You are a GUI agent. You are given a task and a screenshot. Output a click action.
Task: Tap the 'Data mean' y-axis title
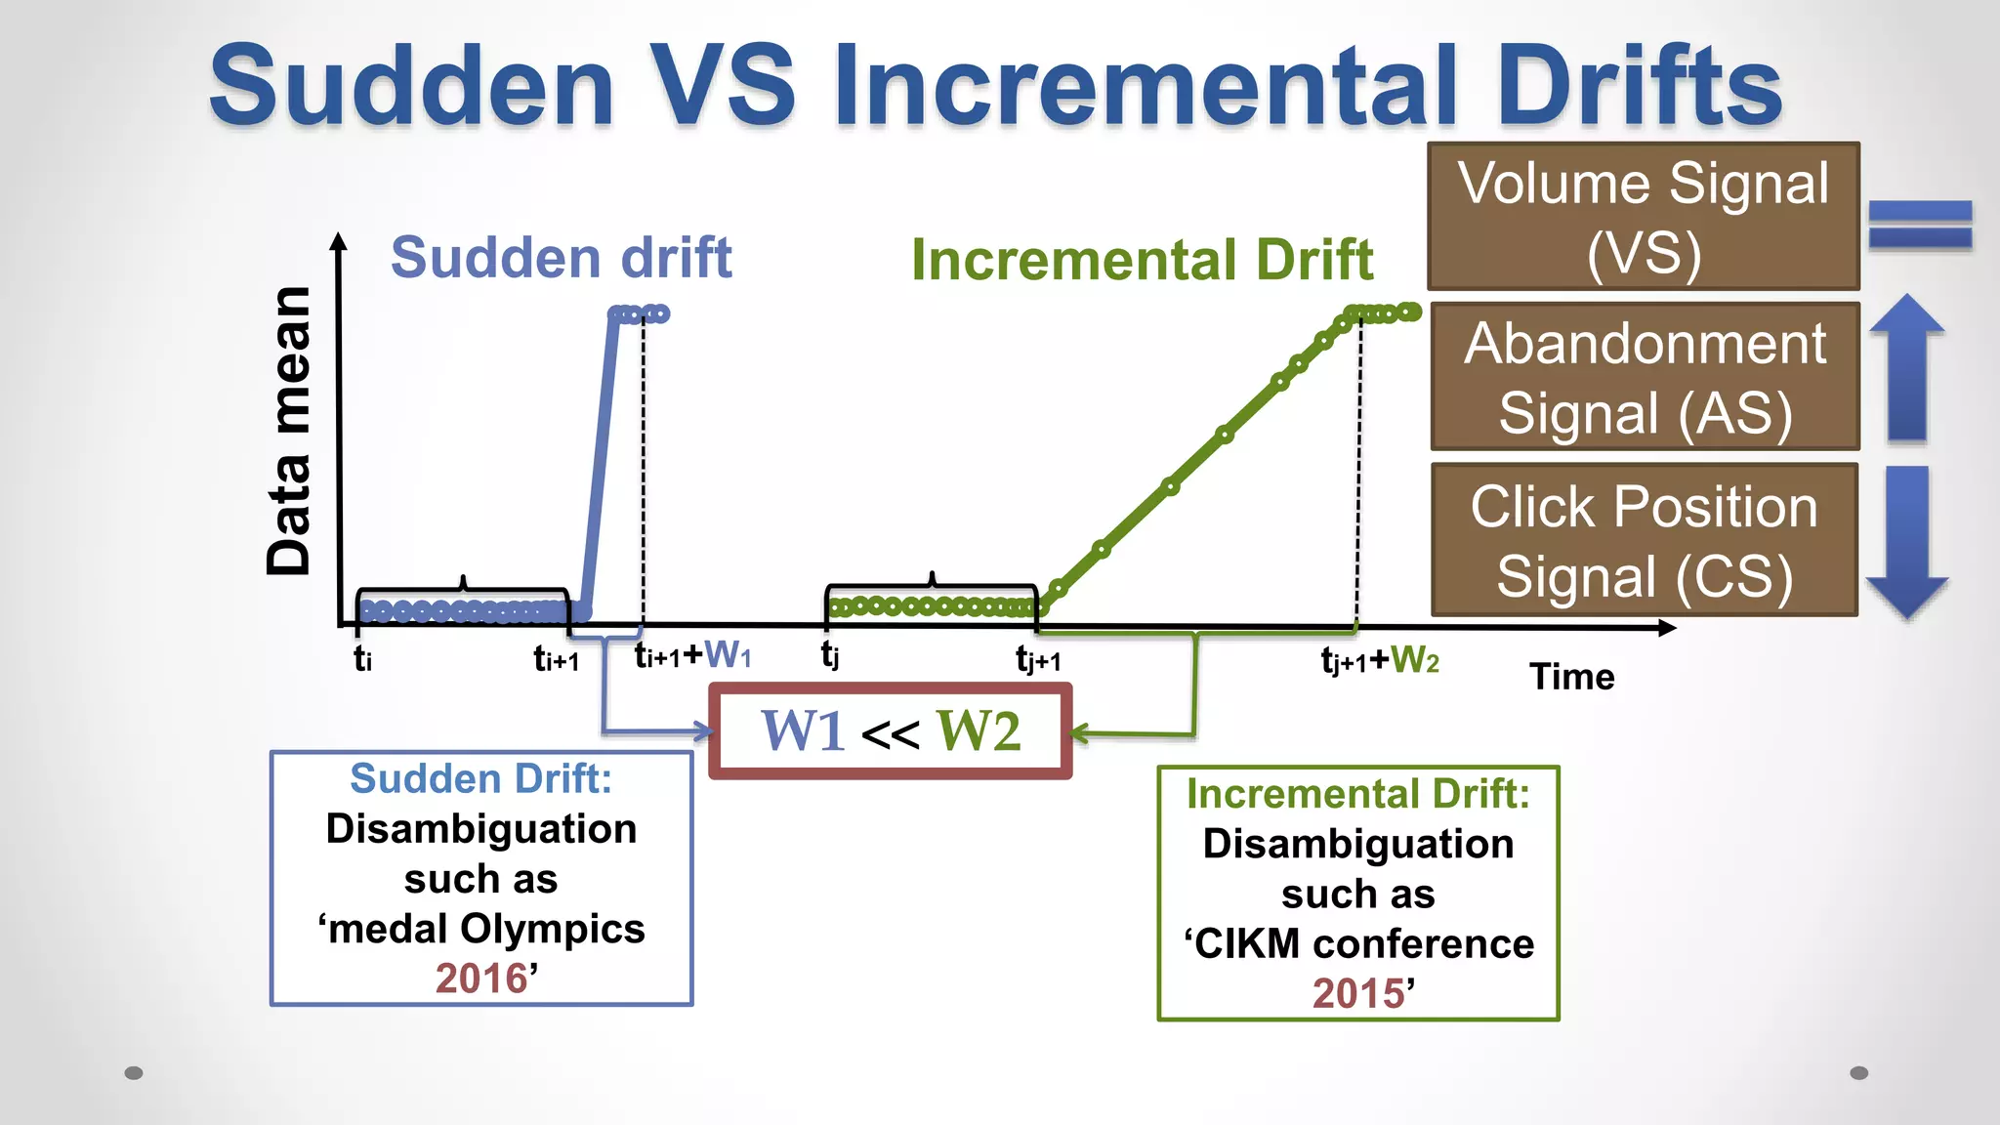[x=290, y=431]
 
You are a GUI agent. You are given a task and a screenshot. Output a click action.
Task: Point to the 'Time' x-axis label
[x=1571, y=677]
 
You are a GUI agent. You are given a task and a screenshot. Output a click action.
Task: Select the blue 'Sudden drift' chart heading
[x=561, y=258]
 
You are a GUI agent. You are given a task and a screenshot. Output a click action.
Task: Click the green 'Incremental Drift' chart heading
[x=1142, y=260]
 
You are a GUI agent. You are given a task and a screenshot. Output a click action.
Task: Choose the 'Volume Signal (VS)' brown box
[x=1644, y=217]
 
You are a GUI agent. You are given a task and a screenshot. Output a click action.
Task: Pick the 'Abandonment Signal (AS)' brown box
[x=1645, y=377]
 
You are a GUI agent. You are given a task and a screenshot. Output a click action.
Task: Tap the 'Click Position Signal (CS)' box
[x=1645, y=540]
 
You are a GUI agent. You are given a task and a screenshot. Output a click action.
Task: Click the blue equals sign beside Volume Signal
[x=1920, y=225]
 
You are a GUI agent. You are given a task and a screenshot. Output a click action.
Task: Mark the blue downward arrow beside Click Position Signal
[x=1907, y=542]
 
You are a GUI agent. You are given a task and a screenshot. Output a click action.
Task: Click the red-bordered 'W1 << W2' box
[x=891, y=731]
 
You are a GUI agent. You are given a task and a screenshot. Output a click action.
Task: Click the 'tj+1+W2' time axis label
[x=1380, y=661]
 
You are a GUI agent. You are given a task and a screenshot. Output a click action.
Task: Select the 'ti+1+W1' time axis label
[x=692, y=655]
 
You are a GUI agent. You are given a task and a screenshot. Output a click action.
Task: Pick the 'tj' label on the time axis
[x=830, y=654]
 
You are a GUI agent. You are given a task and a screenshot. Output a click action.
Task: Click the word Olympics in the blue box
[x=553, y=929]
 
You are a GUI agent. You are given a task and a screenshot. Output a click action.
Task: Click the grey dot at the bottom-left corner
[x=134, y=1073]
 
